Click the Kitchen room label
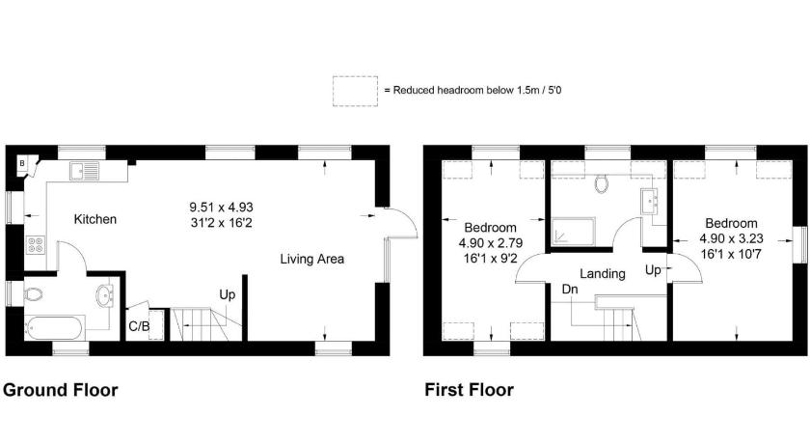(95, 219)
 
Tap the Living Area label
(312, 259)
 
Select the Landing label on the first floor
(603, 274)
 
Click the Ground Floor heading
(61, 390)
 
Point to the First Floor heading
(469, 390)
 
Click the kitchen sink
(84, 171)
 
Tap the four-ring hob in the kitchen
(36, 244)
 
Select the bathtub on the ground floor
(54, 328)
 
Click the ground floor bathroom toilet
(33, 294)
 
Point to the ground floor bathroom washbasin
(104, 295)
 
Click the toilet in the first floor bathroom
(602, 183)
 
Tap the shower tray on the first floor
(574, 231)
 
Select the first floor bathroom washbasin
(650, 201)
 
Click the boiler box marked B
(22, 163)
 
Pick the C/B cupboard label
(139, 326)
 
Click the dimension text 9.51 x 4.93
(221, 208)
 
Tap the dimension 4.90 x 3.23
(732, 238)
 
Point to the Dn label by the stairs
(570, 290)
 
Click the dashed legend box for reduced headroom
(355, 92)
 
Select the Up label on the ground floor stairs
(228, 295)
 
